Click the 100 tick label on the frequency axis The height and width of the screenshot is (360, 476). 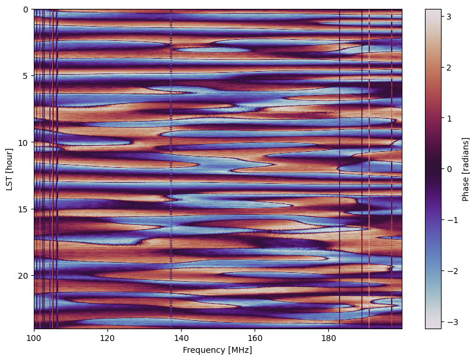[x=34, y=338]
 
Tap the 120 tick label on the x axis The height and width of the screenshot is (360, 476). [x=107, y=338]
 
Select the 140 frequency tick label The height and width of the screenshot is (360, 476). [x=181, y=338]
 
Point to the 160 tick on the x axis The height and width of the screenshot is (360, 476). [x=255, y=338]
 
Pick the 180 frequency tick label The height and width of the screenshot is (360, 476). [x=328, y=338]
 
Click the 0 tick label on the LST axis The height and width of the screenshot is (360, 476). [x=26, y=9]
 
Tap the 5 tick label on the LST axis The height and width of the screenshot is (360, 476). [x=26, y=76]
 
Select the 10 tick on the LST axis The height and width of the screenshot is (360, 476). [x=24, y=142]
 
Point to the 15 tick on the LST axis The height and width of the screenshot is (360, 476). [x=24, y=209]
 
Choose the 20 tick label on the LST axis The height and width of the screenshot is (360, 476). [x=24, y=276]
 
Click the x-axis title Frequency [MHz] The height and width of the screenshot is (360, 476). [x=217, y=351]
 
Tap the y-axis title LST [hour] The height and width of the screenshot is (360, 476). [x=9, y=169]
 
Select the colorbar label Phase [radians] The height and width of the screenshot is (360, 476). [x=465, y=169]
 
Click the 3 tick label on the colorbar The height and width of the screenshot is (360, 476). [x=448, y=17]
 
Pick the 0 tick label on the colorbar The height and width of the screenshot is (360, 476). [x=448, y=169]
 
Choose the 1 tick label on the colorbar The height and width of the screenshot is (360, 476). [x=448, y=118]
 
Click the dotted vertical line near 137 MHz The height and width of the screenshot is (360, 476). [x=171, y=169]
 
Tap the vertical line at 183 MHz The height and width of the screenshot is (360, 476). [x=339, y=169]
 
